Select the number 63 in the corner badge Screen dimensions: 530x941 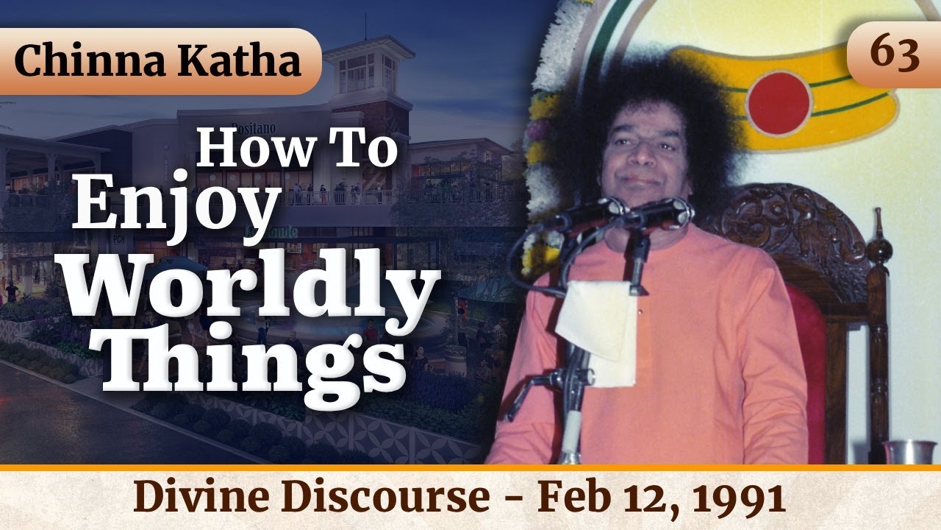(895, 54)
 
